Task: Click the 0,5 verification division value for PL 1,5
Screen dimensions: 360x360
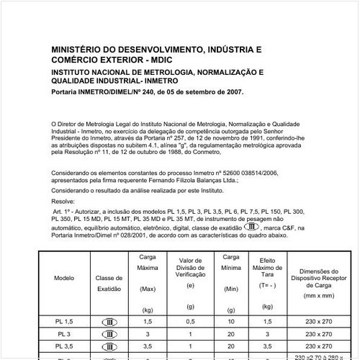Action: pyautogui.click(x=190, y=319)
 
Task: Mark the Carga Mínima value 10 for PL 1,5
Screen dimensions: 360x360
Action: pyautogui.click(x=230, y=319)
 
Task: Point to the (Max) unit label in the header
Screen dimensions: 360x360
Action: pyautogui.click(x=148, y=289)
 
